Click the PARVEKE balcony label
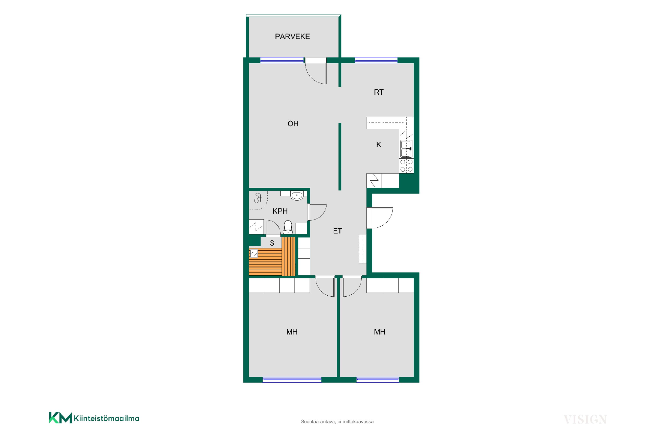[292, 37]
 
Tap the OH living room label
[293, 124]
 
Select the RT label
[379, 92]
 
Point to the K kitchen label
[379, 145]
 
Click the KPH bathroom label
[280, 211]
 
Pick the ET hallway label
[337, 231]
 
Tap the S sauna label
[272, 243]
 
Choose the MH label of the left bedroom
[292, 332]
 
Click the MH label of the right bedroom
[380, 332]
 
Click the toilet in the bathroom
[288, 227]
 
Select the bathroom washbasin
[297, 196]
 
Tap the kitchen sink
[406, 149]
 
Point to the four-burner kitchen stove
[406, 166]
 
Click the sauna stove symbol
[254, 253]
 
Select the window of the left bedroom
[292, 380]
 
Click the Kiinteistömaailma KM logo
[94, 418]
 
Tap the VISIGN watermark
[585, 420]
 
